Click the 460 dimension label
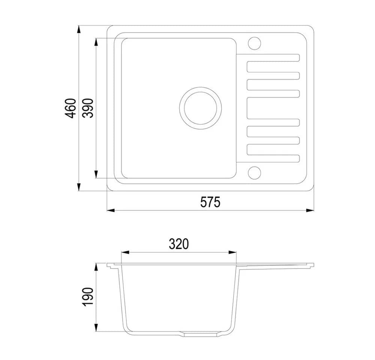[70, 108]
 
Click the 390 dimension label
[88, 108]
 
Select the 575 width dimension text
[210, 202]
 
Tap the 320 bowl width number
[179, 244]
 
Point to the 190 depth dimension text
[88, 297]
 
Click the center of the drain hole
[200, 108]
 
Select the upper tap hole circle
[254, 43]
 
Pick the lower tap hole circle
[254, 173]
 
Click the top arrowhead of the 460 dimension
[79, 29]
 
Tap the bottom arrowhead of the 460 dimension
[79, 187]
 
